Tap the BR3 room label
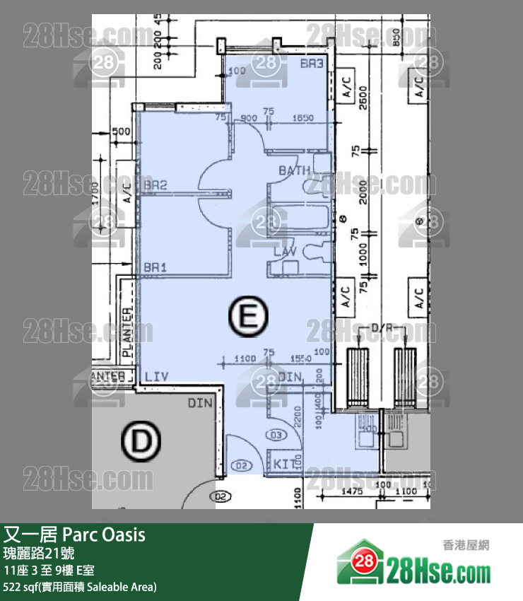311,64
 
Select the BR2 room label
155,186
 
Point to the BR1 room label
155,269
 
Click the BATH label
294,171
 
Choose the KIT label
285,464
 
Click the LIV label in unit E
157,377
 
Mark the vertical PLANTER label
127,332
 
